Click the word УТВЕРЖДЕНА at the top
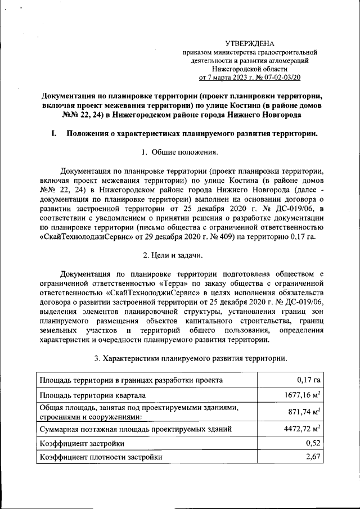click(249, 43)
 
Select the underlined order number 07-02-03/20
click(277, 78)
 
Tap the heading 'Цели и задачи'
click(180, 256)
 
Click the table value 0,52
click(313, 443)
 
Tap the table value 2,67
click(313, 457)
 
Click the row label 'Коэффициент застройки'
click(81, 444)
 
